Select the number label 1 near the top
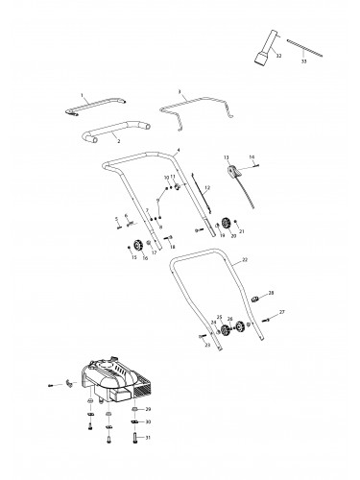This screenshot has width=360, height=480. pos(83,97)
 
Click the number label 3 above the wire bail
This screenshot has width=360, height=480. pos(180,93)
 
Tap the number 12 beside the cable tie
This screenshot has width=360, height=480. pos(206,187)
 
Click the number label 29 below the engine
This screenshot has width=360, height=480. pos(148,410)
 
